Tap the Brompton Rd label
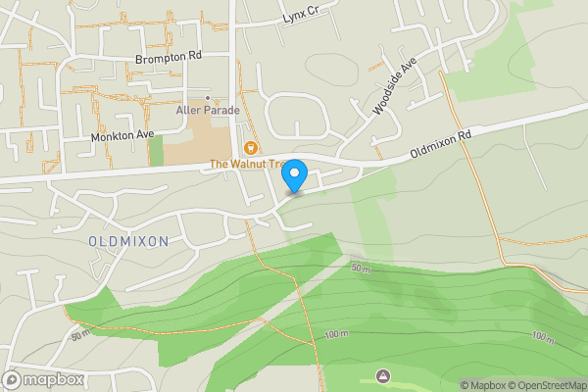tap(169, 57)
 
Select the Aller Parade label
tap(207, 110)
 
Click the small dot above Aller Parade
tap(207, 98)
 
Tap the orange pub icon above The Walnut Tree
tap(251, 148)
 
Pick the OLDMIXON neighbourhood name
tap(128, 241)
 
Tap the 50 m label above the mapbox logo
tap(79, 335)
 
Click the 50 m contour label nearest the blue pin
tap(361, 268)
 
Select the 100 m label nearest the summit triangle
tap(335, 334)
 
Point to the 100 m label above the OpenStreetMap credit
tap(543, 337)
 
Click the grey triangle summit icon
tap(382, 375)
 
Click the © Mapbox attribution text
tap(483, 385)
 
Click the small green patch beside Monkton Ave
tap(156, 150)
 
